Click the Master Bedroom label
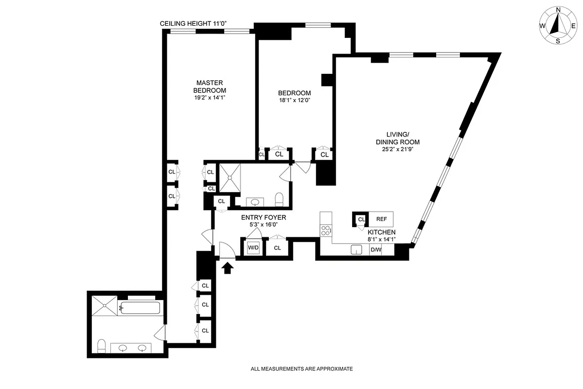pyautogui.click(x=210, y=87)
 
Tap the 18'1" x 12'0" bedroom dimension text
pyautogui.click(x=294, y=100)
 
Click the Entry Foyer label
pyautogui.click(x=264, y=218)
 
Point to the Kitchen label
pyautogui.click(x=381, y=232)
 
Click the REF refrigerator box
pyautogui.click(x=381, y=219)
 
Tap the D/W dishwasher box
pyautogui.click(x=376, y=250)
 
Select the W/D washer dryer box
pyautogui.click(x=253, y=248)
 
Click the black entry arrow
pyautogui.click(x=227, y=267)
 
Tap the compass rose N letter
pyautogui.click(x=558, y=9)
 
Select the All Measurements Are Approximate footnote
pyautogui.click(x=301, y=369)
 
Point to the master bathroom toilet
pyautogui.click(x=102, y=346)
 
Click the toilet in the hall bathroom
pyautogui.click(x=279, y=199)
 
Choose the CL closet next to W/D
pyautogui.click(x=277, y=248)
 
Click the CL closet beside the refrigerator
pyautogui.click(x=361, y=219)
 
